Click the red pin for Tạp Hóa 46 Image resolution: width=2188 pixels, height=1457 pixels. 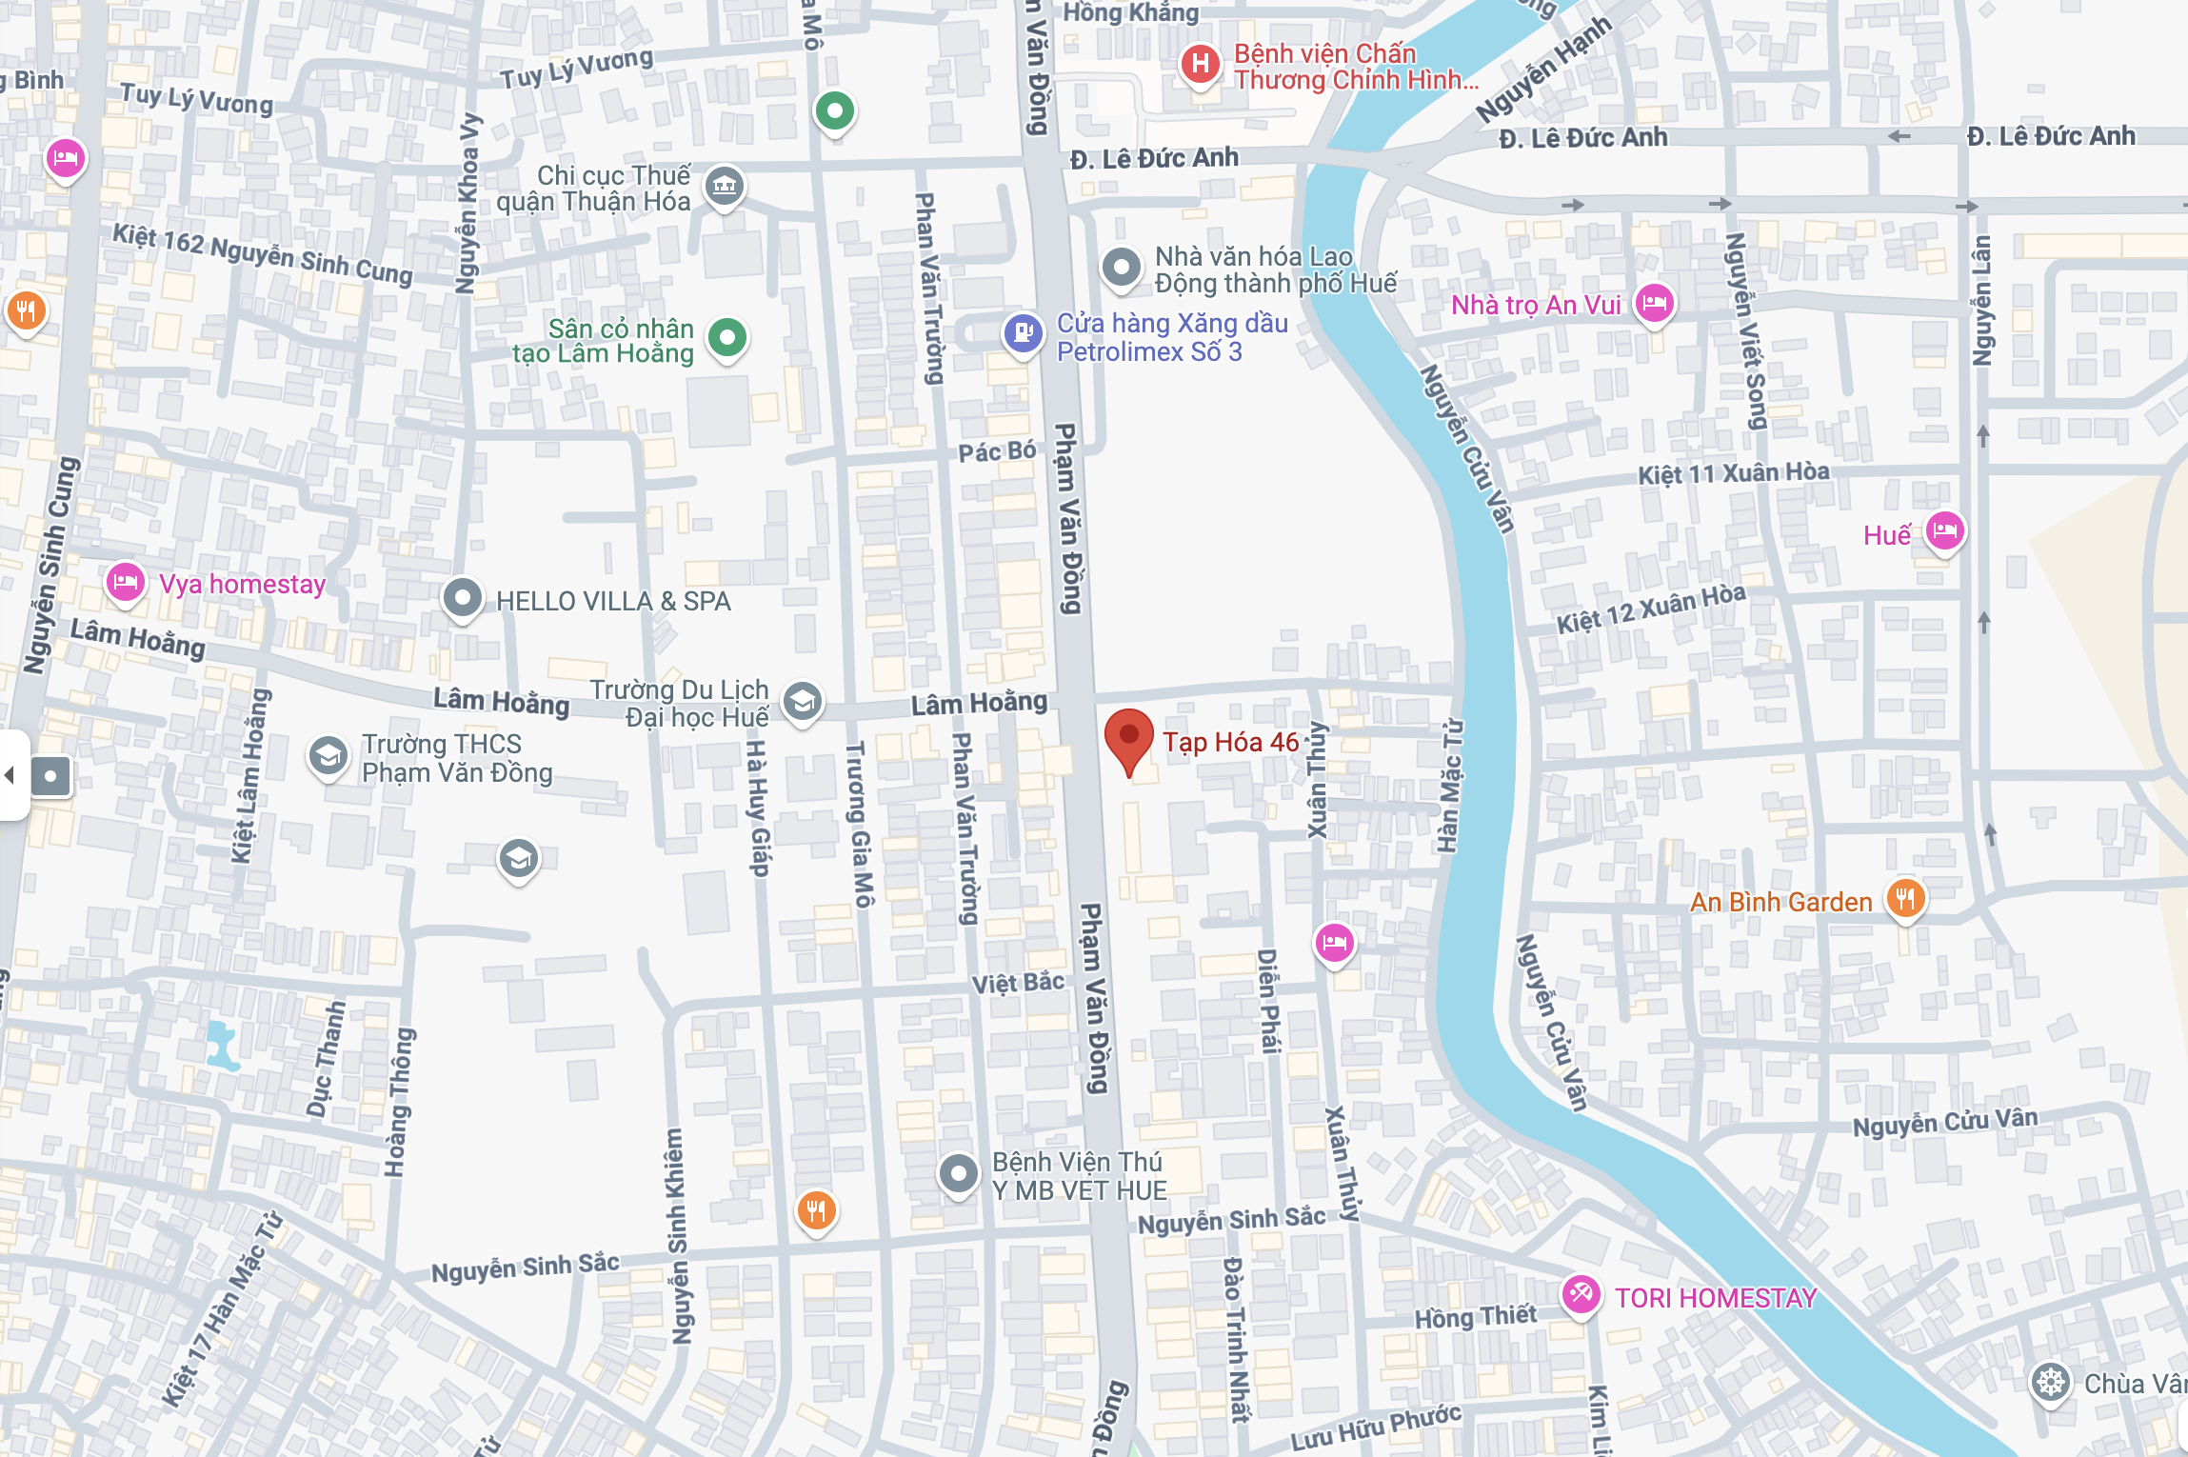[1129, 739]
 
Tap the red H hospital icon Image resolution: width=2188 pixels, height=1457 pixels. [1200, 65]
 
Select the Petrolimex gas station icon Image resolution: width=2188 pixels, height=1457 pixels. [1024, 333]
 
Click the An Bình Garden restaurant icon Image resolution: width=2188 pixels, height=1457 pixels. [1905, 897]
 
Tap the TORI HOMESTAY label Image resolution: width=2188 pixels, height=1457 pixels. [1716, 1298]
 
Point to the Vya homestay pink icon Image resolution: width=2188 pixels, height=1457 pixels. [125, 582]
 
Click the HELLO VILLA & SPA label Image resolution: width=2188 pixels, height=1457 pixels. [613, 601]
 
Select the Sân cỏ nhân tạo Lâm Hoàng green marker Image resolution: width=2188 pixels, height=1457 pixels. [728, 337]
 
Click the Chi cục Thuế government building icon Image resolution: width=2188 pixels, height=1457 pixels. [725, 185]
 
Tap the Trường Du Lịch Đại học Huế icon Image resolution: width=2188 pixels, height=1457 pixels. [803, 702]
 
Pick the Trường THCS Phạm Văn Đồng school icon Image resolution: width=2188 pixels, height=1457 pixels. [328, 757]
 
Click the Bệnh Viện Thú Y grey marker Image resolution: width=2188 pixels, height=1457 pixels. [958, 1173]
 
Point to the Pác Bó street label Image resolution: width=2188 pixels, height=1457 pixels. [996, 451]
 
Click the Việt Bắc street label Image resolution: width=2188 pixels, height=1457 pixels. [1017, 982]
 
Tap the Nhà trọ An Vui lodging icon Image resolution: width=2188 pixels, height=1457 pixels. [1655, 303]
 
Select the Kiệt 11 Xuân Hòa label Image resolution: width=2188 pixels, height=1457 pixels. [1733, 473]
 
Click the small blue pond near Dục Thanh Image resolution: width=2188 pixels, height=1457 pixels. [221, 1045]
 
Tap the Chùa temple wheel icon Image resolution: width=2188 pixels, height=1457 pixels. [2050, 1382]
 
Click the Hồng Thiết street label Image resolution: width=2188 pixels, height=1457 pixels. [1475, 1317]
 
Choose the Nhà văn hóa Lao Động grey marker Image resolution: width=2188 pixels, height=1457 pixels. [1122, 267]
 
